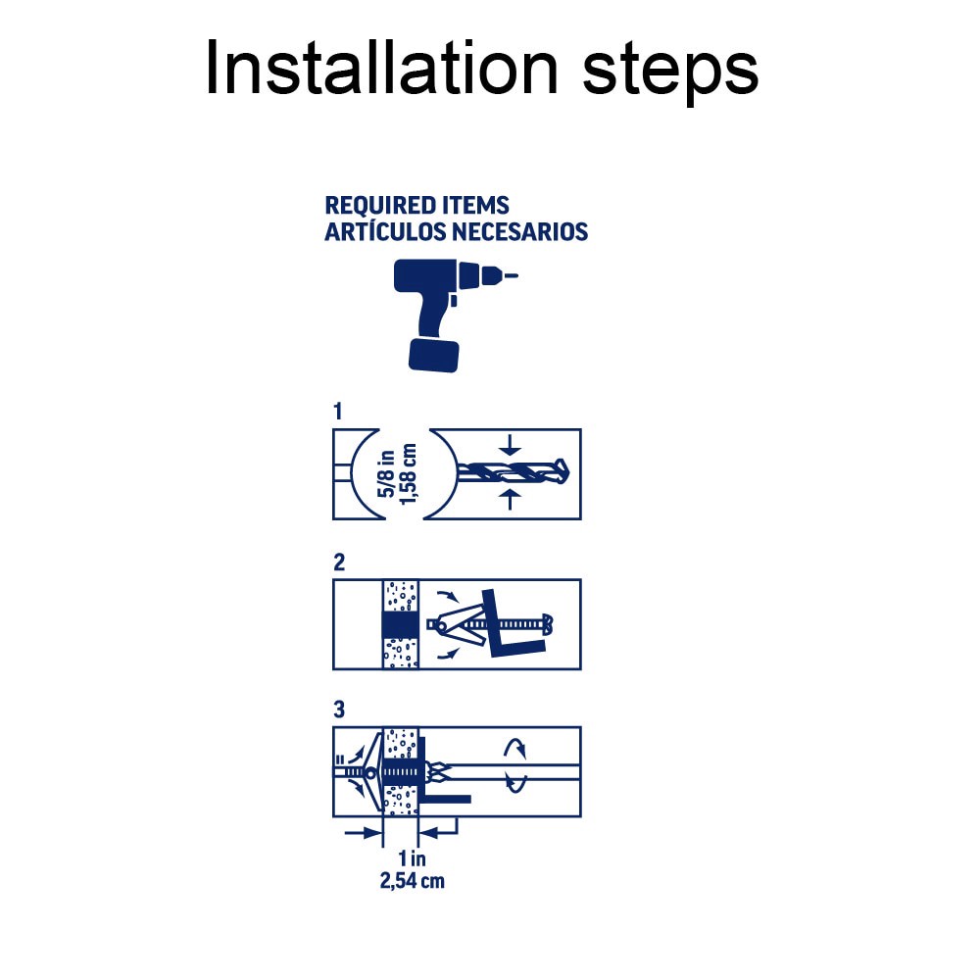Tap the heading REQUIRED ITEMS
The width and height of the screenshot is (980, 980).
(416, 206)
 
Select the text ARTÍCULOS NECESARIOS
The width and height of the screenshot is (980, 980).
(456, 232)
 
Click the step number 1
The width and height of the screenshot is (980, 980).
(338, 412)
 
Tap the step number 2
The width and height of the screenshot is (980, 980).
(339, 563)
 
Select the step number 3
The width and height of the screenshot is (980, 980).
(339, 710)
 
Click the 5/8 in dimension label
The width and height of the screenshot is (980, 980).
(389, 474)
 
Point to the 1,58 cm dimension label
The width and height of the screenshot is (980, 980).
(410, 474)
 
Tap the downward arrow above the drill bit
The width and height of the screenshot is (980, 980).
(507, 446)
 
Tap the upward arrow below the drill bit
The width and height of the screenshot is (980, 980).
(507, 502)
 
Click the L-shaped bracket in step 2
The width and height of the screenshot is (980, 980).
(511, 627)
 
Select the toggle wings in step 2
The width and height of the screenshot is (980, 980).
(453, 623)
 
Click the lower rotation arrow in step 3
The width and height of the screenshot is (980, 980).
(515, 783)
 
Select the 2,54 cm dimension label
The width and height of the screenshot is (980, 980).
(412, 880)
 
